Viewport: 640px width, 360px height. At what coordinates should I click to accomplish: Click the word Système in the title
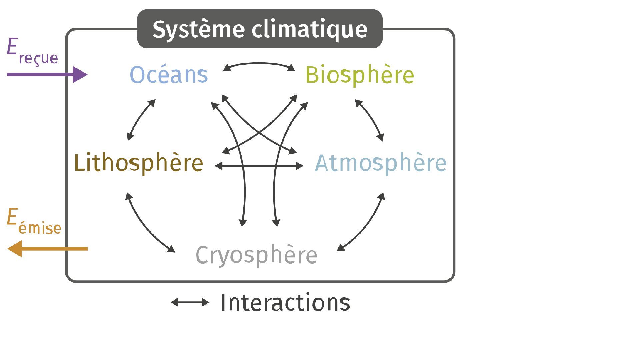click(x=198, y=29)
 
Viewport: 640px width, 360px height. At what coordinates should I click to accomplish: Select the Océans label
click(x=169, y=74)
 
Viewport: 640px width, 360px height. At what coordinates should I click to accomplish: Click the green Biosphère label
click(x=359, y=75)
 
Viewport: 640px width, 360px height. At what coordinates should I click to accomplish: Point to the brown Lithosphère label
click(x=138, y=163)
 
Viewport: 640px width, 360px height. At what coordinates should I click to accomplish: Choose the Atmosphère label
click(x=381, y=163)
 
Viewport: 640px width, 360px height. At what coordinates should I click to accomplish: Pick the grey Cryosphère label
click(x=256, y=255)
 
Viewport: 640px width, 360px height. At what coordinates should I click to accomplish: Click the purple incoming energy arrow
click(x=47, y=74)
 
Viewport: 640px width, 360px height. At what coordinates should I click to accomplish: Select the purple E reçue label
click(x=32, y=52)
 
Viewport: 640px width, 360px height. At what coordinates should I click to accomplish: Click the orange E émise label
click(x=33, y=222)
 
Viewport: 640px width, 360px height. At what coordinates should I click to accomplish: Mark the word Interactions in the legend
click(x=285, y=302)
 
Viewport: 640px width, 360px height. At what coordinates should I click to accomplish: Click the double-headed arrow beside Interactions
click(x=190, y=302)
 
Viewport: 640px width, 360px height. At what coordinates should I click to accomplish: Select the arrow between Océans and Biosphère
click(x=259, y=64)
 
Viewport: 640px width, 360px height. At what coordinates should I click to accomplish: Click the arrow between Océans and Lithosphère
click(x=140, y=119)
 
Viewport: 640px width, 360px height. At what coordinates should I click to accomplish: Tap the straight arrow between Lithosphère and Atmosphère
click(x=259, y=166)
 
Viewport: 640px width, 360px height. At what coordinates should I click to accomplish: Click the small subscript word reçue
click(x=38, y=58)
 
